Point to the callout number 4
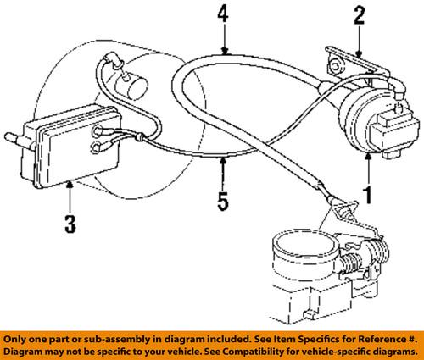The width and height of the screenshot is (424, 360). (223, 14)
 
